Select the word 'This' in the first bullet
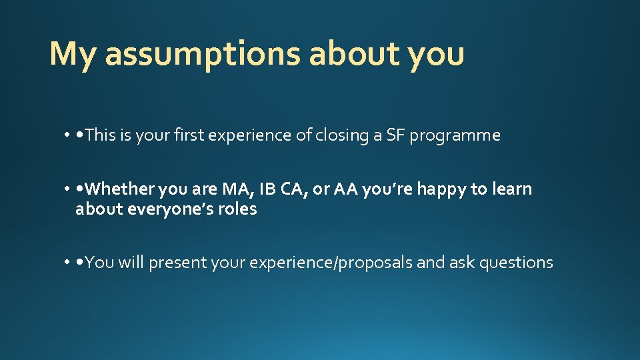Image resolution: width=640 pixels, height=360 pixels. coord(101,135)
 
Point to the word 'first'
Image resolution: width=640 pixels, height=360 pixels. coord(192,135)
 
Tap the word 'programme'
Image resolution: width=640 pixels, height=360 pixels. coord(455,135)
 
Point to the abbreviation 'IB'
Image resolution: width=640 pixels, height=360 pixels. coord(267,189)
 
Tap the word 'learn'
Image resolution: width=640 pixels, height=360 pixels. coord(511,189)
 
